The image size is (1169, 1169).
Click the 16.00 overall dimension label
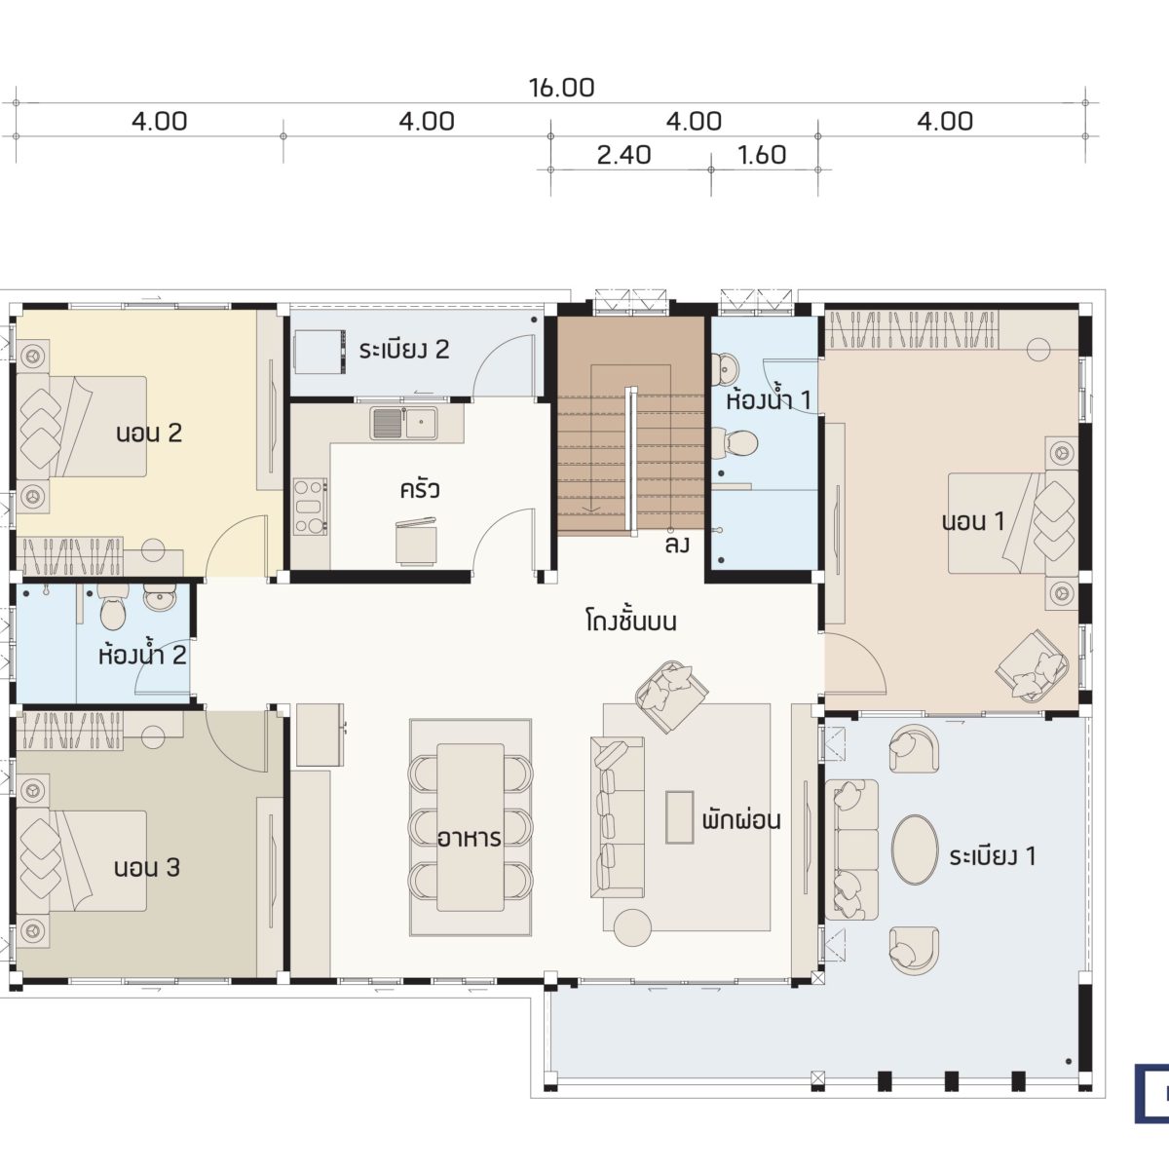pos(561,88)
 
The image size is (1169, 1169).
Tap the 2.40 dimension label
pos(623,155)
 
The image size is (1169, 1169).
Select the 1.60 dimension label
pos(762,155)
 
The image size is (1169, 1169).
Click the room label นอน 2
pos(149,434)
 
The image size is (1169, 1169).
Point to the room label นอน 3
pos(147,868)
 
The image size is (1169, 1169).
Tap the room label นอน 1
pos(973,521)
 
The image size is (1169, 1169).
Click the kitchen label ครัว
pos(420,490)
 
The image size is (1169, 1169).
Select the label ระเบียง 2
pos(404,350)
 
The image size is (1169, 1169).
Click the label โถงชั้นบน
pos(631,622)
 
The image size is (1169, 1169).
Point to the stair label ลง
pos(677,545)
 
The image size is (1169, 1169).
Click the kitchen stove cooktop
pos(311,508)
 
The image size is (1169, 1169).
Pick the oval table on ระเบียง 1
pos(914,848)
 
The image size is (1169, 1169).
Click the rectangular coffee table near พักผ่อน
pos(679,817)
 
